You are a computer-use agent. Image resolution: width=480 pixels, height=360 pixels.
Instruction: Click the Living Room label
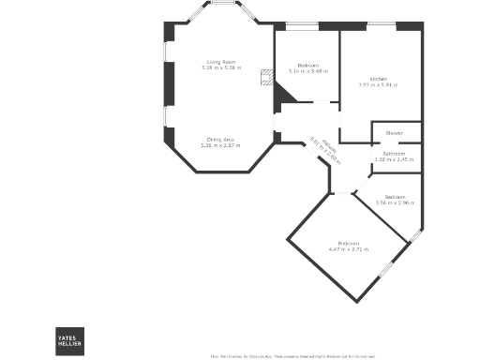pos(220,62)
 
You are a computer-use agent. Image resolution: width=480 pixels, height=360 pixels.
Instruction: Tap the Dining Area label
pos(220,140)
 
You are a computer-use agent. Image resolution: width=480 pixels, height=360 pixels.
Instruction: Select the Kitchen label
pos(378,79)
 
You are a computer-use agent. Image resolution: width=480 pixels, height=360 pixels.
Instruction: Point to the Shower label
pos(394,133)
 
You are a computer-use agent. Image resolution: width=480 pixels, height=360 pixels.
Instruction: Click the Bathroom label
pos(394,153)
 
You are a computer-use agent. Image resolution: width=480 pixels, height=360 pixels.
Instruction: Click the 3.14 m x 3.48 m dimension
pos(306,71)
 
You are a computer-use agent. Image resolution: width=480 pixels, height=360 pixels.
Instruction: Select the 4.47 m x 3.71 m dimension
pos(349,249)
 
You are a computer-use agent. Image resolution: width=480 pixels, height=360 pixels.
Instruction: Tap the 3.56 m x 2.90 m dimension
pos(395,202)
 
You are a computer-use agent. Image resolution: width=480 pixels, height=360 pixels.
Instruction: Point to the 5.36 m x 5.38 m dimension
pos(220,68)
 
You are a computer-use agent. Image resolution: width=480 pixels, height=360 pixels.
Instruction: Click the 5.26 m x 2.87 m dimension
pos(220,146)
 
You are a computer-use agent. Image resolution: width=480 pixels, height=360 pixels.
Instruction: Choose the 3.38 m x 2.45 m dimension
pos(394,159)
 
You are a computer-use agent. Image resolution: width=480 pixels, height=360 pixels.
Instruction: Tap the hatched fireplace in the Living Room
pos(266,75)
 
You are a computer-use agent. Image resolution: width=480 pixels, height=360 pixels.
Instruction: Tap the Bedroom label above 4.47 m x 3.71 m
pos(349,243)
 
